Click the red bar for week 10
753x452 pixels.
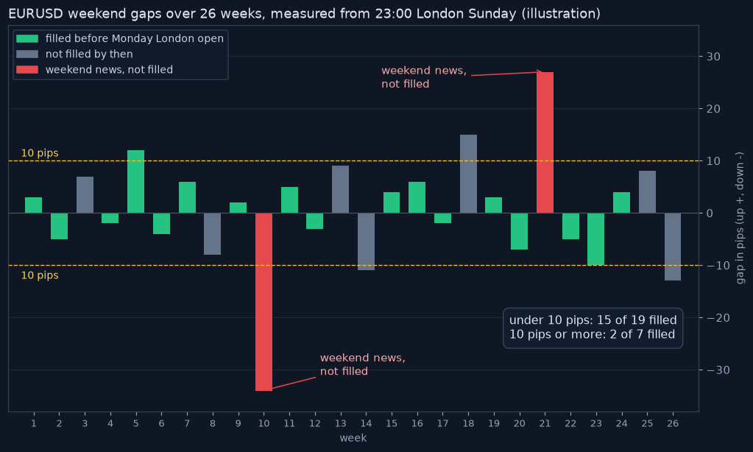tap(264, 302)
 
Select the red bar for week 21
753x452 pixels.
tap(545, 143)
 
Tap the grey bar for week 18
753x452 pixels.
tap(468, 174)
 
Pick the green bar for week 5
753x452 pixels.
tap(136, 182)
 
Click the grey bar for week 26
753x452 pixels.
tap(673, 247)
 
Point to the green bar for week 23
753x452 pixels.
tap(596, 239)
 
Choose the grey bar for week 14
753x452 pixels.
tap(366, 241)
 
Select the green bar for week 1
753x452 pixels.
tap(34, 205)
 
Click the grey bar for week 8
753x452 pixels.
tap(212, 233)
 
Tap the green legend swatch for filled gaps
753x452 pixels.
tap(27, 38)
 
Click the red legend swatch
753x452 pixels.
tap(27, 70)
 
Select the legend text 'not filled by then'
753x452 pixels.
tap(89, 54)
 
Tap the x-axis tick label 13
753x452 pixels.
tap(341, 423)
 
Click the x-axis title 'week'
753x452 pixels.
tap(353, 438)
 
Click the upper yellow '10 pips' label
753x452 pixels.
tap(40, 153)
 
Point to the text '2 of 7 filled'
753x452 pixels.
tap(643, 334)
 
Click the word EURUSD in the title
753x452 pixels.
tap(36, 13)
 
